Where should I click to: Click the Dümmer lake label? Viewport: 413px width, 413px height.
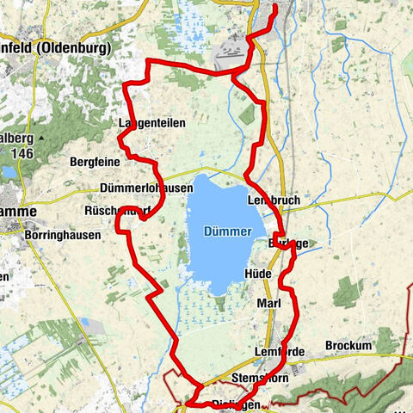coord(227,232)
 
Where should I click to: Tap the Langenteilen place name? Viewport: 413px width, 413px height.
coord(151,123)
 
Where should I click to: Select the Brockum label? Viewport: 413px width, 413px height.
coord(348,346)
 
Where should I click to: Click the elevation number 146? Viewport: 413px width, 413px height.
coord(22,152)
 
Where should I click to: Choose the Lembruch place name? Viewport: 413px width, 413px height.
coord(273,200)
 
